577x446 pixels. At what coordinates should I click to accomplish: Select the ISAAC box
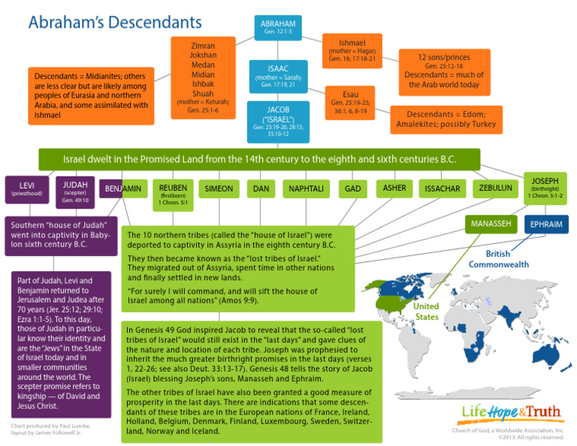click(x=278, y=76)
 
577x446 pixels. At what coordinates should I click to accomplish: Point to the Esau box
click(x=350, y=103)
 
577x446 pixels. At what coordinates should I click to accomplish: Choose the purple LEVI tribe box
click(x=28, y=188)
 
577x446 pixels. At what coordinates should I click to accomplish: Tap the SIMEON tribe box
click(x=219, y=188)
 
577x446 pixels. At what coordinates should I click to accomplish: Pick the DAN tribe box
click(x=261, y=188)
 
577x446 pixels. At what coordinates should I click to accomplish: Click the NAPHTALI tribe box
click(x=306, y=188)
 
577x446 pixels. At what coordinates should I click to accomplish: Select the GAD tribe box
click(x=352, y=188)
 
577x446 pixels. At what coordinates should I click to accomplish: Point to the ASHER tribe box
click(x=394, y=188)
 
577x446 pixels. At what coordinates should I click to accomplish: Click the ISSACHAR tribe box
click(x=443, y=188)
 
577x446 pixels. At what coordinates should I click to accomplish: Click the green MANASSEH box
click(x=491, y=224)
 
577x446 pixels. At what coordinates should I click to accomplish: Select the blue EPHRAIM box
click(x=546, y=224)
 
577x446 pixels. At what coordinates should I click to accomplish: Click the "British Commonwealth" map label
click(x=499, y=259)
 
